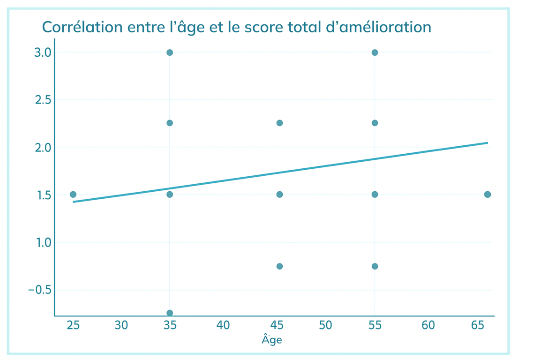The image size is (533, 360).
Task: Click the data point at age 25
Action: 73,195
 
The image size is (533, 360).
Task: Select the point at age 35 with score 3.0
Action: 170,52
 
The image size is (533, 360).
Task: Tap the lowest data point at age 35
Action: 170,313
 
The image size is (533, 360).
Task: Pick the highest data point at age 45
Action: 279,123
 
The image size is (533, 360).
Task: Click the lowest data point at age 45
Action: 279,266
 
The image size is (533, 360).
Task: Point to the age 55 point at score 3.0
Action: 375,52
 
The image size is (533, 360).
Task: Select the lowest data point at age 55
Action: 375,266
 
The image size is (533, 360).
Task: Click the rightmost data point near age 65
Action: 488,195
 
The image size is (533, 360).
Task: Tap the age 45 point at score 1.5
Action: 279,195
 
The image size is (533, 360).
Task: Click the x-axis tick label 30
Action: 121,325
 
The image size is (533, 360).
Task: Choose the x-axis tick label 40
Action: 223,325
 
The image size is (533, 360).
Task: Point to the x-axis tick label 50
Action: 325,325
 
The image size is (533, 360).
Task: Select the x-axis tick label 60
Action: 428,325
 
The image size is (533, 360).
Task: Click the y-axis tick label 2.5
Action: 43,100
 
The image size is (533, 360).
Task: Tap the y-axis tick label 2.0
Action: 43,148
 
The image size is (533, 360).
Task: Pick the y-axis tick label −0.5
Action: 39,290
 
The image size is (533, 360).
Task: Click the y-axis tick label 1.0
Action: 44,243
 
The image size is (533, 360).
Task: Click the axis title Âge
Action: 271,339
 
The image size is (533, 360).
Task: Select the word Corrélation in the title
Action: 82,27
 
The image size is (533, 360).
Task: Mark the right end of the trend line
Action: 488,142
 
